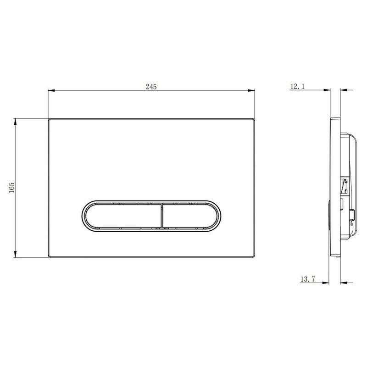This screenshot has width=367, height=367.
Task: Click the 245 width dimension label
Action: [x=151, y=87]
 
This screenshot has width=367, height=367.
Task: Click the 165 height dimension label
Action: [x=11, y=188]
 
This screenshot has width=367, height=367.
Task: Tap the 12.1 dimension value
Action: [x=297, y=86]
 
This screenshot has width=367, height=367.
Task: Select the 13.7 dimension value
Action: [x=308, y=279]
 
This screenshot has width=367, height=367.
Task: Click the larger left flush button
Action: [x=123, y=216]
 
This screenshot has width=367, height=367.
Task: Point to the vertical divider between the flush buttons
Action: [x=162, y=216]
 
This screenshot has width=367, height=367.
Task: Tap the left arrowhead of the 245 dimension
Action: [x=51, y=90]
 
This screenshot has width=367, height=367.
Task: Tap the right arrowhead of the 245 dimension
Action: [x=251, y=90]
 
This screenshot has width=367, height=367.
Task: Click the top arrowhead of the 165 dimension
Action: [x=16, y=122]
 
